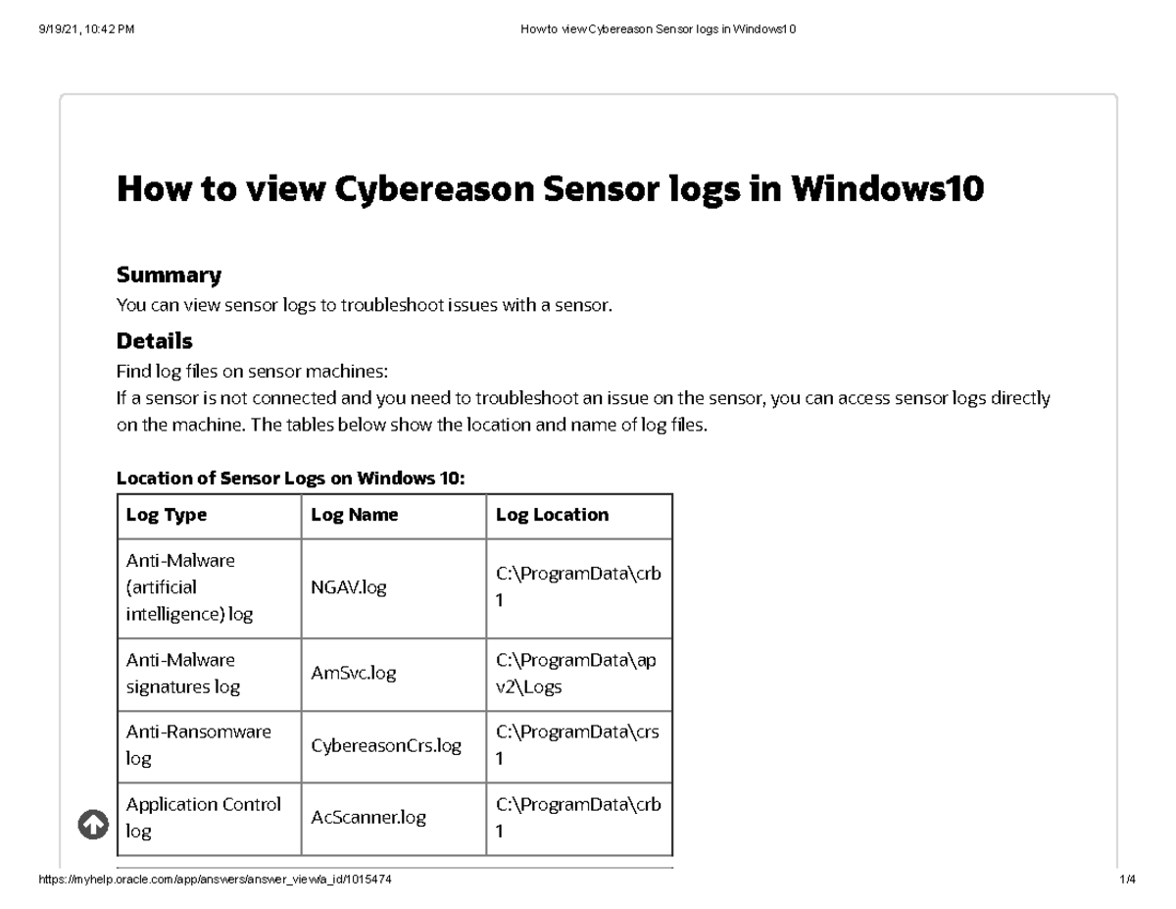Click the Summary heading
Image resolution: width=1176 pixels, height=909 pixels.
[x=169, y=275]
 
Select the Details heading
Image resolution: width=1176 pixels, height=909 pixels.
[x=154, y=341]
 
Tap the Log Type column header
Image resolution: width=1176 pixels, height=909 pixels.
[x=167, y=515]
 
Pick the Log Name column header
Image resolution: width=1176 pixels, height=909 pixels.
[x=354, y=515]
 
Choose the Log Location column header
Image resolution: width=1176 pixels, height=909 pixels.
[x=552, y=515]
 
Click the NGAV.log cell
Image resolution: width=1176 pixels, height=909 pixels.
[x=349, y=587]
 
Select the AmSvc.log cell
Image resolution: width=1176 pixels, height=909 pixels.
[x=353, y=673]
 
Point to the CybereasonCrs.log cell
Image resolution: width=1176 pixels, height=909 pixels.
[x=385, y=745]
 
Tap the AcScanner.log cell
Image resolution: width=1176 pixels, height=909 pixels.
[x=367, y=817]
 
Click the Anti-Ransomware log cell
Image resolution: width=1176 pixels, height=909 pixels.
[x=198, y=745]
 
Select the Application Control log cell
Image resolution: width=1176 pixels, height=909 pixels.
[x=203, y=817]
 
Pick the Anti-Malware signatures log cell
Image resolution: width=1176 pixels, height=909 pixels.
[x=182, y=673]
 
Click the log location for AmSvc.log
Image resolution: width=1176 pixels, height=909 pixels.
[x=576, y=673]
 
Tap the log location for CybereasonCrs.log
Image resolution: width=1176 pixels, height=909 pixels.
[x=576, y=745]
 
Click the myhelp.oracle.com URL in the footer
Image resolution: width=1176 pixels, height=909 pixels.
[x=215, y=881]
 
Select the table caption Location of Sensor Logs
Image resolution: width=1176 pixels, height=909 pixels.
[x=290, y=479]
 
